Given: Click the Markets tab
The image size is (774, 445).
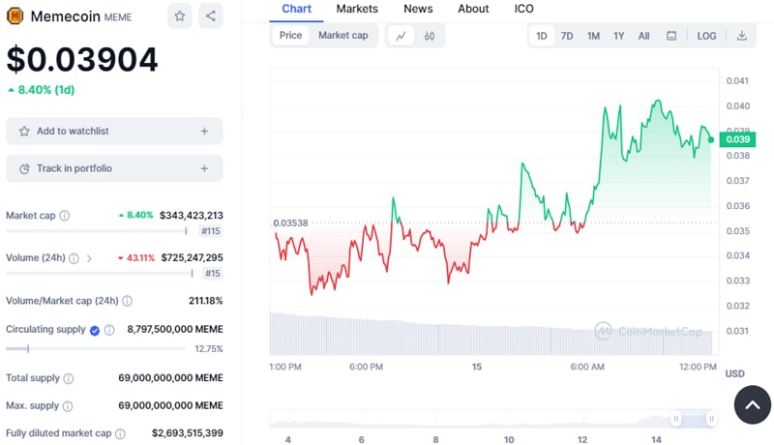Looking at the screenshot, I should tap(357, 9).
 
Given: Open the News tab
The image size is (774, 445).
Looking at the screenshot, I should tap(418, 9).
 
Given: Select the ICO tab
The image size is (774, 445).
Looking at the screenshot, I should tap(523, 9).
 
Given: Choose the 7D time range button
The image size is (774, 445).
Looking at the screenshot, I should tap(567, 36).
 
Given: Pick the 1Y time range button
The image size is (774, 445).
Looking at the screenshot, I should tap(619, 36).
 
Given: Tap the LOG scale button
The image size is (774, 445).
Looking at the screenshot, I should tap(706, 36).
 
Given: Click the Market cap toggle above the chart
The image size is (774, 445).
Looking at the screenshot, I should tap(342, 36).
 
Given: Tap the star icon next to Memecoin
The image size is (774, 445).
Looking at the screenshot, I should tap(179, 15).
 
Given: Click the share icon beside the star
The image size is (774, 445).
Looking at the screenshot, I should tap(211, 15).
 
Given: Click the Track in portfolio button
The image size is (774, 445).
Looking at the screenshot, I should tap(114, 168).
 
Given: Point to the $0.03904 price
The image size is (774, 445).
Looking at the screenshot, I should tap(82, 59).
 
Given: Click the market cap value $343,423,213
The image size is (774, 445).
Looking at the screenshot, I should tap(192, 215).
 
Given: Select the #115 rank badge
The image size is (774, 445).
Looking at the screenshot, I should tap(211, 231).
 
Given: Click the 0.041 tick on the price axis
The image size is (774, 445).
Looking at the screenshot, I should tap(737, 81).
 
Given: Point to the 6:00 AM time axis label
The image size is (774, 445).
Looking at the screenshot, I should tap(587, 368).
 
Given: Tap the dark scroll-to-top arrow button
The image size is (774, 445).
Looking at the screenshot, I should tap(752, 404).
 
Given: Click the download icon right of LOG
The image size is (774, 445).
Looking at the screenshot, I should tap(742, 36).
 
